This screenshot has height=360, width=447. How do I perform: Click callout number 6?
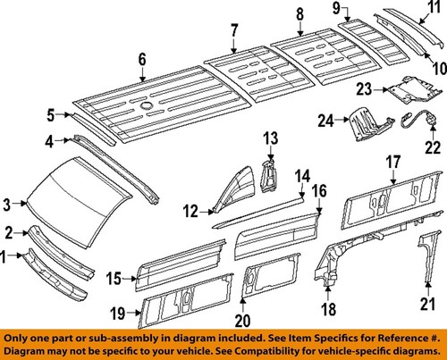click(141, 60)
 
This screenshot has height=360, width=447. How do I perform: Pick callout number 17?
click(392, 162)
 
